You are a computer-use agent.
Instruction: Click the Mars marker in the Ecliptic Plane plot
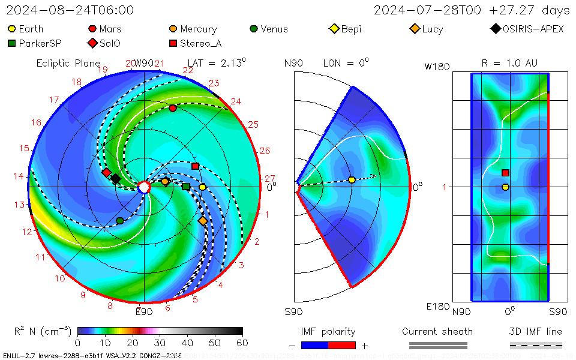pyautogui.click(x=173, y=108)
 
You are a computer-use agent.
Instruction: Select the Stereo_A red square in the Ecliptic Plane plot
pyautogui.click(x=195, y=166)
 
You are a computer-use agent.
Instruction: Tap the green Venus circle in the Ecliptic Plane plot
pyautogui.click(x=120, y=221)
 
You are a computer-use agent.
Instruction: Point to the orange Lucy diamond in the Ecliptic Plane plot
pyautogui.click(x=203, y=221)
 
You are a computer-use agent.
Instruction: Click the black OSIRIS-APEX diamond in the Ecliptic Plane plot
pyautogui.click(x=116, y=179)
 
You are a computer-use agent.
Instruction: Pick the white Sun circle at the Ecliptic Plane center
pyautogui.click(x=144, y=187)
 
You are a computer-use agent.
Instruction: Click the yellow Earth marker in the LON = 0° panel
pyautogui.click(x=352, y=179)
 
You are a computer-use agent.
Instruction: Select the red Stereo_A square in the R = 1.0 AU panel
pyautogui.click(x=506, y=173)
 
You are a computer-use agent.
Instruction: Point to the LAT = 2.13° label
pyautogui.click(x=217, y=63)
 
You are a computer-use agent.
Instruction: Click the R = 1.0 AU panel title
pyautogui.click(x=509, y=63)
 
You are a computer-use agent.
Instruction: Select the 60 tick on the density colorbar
pyautogui.click(x=242, y=343)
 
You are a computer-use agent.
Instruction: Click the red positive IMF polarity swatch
pyautogui.click(x=342, y=345)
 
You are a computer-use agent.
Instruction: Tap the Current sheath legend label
pyautogui.click(x=437, y=331)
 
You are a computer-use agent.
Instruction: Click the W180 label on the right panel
pyautogui.click(x=437, y=67)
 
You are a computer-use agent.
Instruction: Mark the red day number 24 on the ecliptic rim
pyautogui.click(x=236, y=101)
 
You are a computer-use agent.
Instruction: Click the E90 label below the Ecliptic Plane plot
pyautogui.click(x=144, y=311)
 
